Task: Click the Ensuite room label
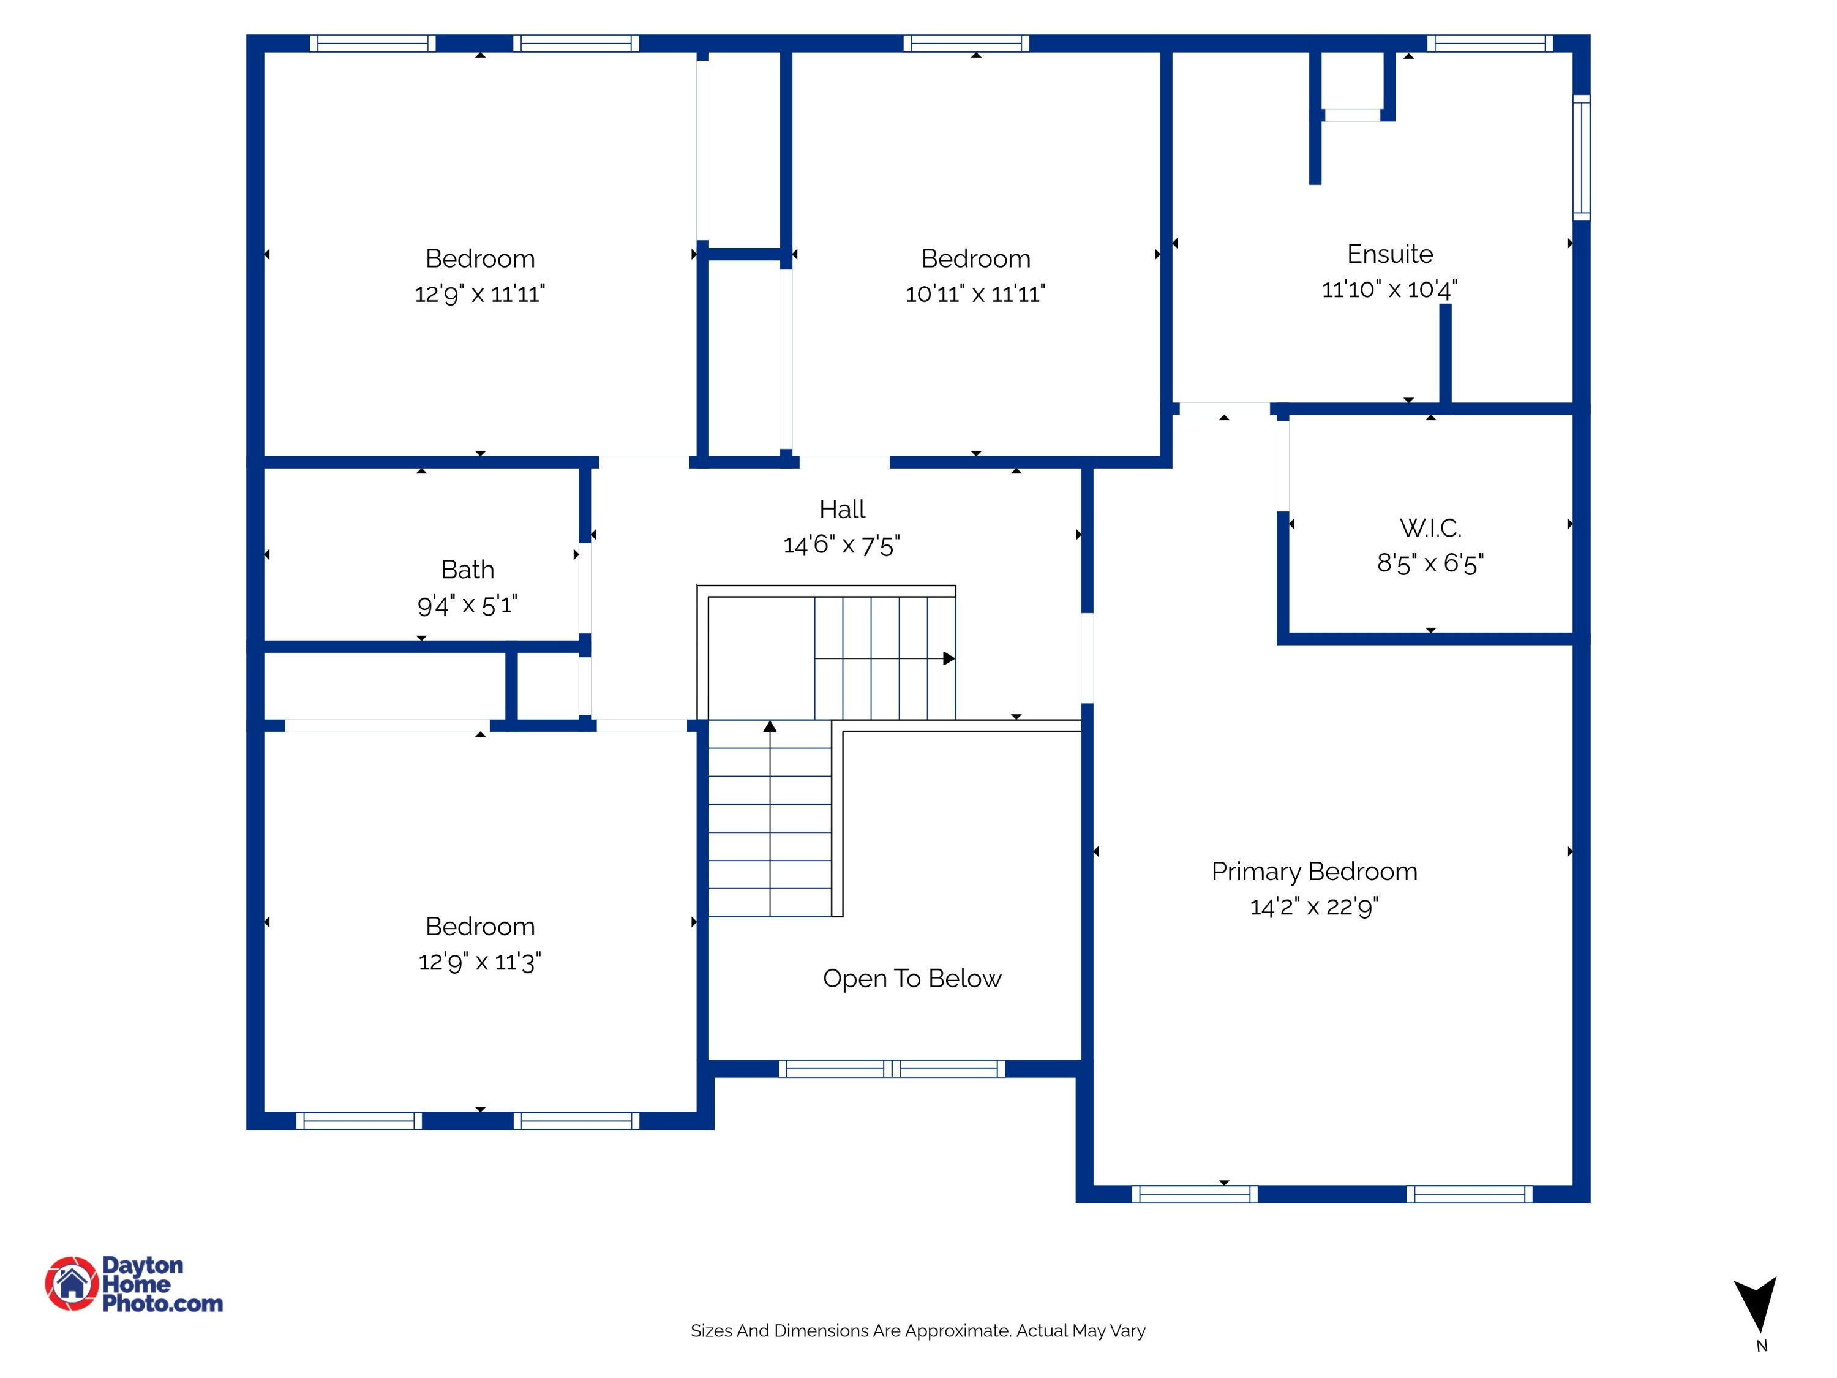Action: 1389,254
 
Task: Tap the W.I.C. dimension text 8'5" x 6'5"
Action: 1430,563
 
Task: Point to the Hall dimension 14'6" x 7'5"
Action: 841,545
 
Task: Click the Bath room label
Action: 468,569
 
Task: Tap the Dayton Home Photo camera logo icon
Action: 72,1283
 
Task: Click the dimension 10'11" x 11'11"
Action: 975,294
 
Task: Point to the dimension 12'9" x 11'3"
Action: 480,962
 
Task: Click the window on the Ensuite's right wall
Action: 1581,158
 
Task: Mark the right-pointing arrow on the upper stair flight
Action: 949,658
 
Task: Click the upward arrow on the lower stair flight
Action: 770,727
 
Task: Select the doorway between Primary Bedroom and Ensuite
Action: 1224,409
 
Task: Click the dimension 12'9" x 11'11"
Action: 480,294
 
